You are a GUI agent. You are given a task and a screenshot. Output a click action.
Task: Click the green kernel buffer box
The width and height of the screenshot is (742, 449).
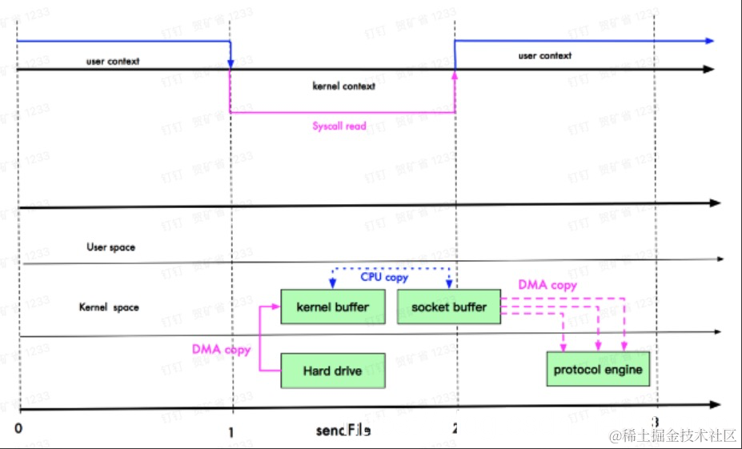(333, 307)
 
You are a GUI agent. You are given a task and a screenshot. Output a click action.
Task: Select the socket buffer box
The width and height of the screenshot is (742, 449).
(448, 307)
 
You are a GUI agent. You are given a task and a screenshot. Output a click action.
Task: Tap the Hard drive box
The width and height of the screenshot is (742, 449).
(332, 371)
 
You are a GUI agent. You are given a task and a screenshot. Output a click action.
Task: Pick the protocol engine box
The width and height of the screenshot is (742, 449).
(597, 370)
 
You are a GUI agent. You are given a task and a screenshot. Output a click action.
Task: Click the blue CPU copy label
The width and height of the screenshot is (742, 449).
(384, 278)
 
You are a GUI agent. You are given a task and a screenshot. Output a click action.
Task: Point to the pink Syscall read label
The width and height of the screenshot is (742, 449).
(339, 126)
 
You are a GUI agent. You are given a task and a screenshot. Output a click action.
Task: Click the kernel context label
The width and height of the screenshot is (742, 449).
(343, 86)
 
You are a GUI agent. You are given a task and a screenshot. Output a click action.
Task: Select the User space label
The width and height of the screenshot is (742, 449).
(110, 248)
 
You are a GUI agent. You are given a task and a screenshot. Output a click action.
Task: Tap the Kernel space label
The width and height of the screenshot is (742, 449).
(109, 307)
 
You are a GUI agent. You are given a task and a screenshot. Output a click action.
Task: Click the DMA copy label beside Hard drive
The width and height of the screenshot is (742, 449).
(221, 350)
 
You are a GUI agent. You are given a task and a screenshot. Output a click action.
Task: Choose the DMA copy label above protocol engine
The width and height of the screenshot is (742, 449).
(547, 285)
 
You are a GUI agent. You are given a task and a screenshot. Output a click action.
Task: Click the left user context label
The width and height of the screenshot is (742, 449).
(113, 62)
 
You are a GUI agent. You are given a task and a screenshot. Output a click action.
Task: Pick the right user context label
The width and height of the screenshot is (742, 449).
(545, 56)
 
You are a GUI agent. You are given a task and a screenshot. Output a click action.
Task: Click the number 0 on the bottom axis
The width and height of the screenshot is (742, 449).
(18, 429)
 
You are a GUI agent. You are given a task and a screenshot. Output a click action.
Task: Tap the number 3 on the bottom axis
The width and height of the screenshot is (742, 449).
(655, 423)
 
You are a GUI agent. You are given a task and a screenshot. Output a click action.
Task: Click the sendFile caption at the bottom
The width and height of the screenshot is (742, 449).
(343, 431)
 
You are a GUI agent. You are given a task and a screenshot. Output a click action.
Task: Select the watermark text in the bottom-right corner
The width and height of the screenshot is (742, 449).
(672, 435)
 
